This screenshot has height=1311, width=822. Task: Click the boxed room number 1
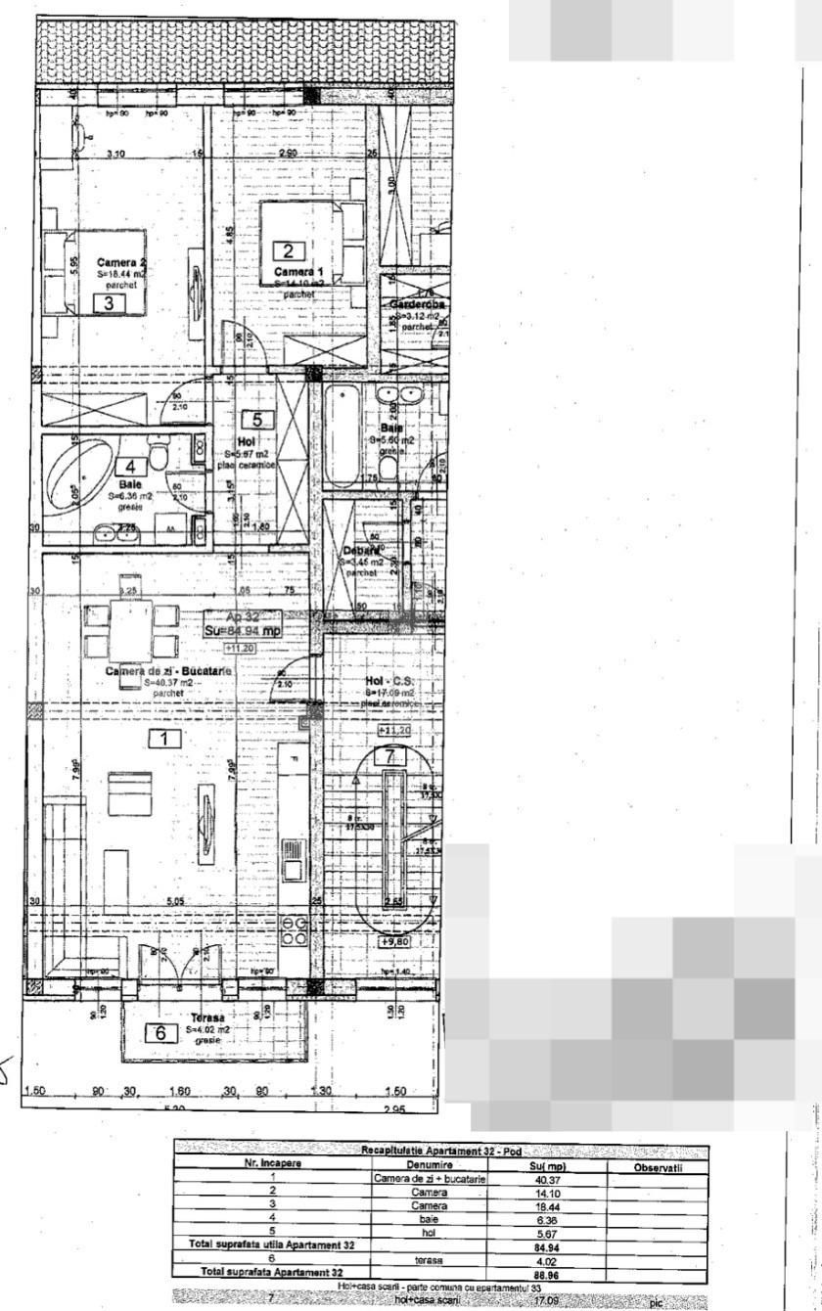tap(165, 739)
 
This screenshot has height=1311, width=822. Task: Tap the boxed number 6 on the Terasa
tap(161, 1033)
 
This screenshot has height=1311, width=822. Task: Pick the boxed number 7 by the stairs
tap(389, 755)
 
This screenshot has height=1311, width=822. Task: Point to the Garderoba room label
tap(418, 304)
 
